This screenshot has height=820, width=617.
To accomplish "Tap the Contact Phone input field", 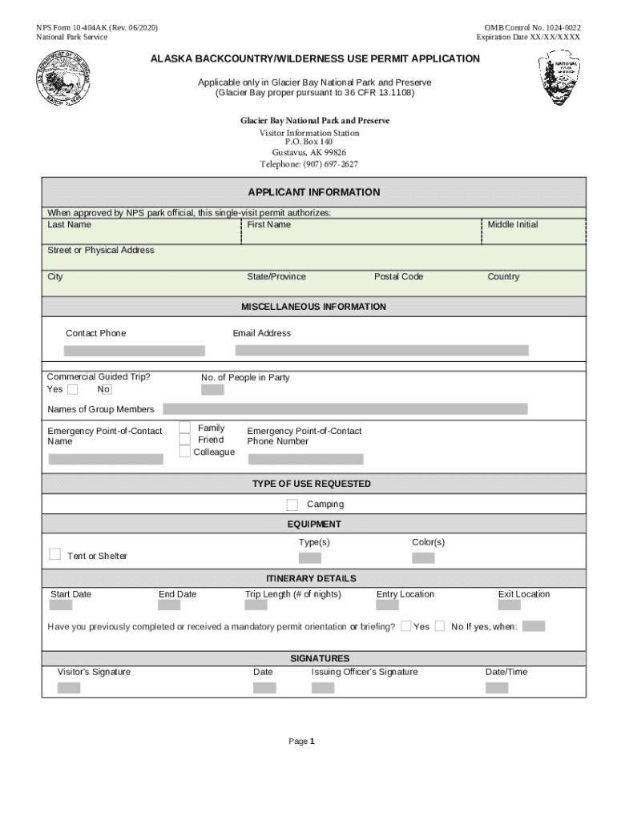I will [x=135, y=351].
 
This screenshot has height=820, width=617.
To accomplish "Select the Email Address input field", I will [x=381, y=351].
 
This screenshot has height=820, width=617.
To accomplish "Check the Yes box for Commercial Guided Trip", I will [x=73, y=390].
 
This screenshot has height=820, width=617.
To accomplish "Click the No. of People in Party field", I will [x=212, y=390].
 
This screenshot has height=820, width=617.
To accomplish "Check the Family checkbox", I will [x=185, y=428].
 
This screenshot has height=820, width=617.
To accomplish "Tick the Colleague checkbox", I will [x=185, y=452].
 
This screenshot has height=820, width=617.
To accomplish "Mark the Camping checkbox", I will [x=292, y=504].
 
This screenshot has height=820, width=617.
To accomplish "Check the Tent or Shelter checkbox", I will [x=55, y=554].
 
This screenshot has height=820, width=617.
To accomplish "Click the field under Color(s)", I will [x=423, y=558].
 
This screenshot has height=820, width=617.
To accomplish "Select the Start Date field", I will [x=60, y=605].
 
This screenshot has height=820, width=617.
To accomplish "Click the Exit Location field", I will [x=509, y=605].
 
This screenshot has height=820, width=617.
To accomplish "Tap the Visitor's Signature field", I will [x=69, y=688].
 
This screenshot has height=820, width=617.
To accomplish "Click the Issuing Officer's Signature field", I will [x=323, y=688].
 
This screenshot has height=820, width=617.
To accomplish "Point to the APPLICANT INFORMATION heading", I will [x=314, y=193].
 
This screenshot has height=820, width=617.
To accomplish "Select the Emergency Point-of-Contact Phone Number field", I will [x=305, y=460].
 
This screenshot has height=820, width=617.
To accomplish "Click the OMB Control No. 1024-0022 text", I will [x=528, y=28].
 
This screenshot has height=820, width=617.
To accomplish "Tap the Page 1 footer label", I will [x=301, y=742].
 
